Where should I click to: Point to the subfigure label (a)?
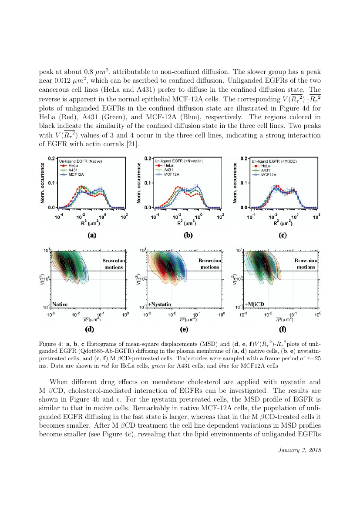91,235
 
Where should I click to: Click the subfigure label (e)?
184,329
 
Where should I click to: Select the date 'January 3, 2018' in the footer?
299,449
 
